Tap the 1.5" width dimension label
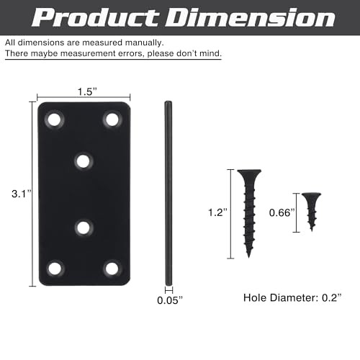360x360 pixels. pyautogui.click(x=84, y=91)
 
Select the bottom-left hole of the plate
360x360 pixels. pyautogui.click(x=55, y=269)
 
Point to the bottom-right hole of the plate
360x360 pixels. pyautogui.click(x=112, y=269)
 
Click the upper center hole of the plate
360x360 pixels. pyautogui.click(x=84, y=161)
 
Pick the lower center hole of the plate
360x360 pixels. pyautogui.click(x=84, y=228)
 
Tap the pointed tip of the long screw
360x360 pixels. pyautogui.click(x=248, y=253)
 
